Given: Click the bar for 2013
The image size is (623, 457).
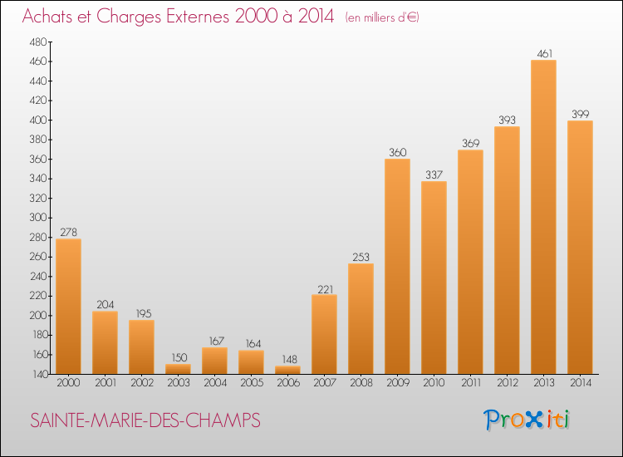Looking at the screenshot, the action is pos(543,217).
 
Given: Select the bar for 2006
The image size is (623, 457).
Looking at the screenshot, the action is pos(287,370).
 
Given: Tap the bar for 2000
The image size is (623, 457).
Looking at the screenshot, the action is pos(68,307).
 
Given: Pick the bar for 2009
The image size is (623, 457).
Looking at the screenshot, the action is pos(397,266).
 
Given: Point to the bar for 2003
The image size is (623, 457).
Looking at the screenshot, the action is pos(178,369).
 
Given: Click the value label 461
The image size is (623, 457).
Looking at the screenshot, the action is pos(544,54).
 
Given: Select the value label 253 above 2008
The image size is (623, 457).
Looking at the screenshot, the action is pos(361,257).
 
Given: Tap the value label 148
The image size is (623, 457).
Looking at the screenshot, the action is pos(289,359).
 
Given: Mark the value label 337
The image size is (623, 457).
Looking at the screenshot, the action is pos(434,174).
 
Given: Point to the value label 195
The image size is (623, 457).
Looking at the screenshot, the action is pos(144,313).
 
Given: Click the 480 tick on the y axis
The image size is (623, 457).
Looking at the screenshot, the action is pos(38,42).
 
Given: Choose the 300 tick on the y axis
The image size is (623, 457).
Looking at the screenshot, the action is pos(38,218).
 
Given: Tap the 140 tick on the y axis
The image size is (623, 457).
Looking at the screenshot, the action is pos(39,375).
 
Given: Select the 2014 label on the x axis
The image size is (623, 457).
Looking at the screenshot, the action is pos(581,383).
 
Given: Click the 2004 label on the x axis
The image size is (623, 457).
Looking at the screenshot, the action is pos(215,383).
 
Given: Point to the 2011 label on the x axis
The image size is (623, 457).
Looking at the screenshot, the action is pos(471,383).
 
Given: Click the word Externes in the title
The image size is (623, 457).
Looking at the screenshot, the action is pos(198,17).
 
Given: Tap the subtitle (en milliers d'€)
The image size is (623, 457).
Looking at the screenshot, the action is pos(382,17).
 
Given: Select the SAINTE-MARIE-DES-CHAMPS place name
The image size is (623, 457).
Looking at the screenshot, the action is pos(145,420).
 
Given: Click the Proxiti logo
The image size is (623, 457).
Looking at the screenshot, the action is pos(527,420).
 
